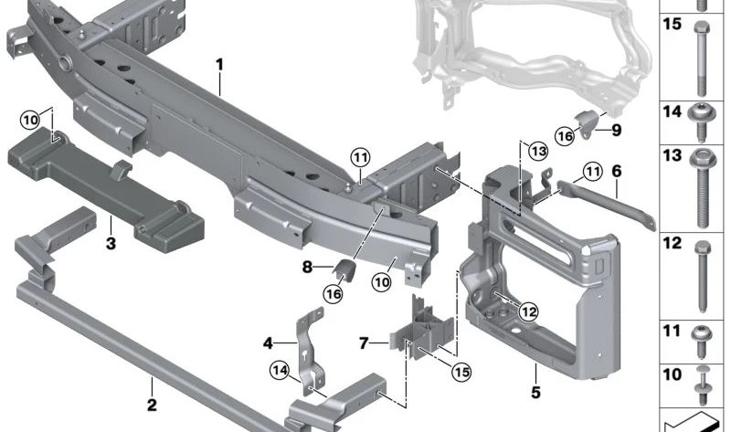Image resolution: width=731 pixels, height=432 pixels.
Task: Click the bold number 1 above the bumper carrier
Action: (219, 64)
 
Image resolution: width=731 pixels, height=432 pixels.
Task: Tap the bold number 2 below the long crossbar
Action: (152, 405)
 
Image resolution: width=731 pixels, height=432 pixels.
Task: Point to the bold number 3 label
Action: (111, 243)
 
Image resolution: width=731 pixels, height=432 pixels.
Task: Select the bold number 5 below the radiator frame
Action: (535, 393)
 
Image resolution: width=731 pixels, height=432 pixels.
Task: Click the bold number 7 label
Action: (364, 343)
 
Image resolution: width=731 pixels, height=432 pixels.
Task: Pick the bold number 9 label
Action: (616, 130)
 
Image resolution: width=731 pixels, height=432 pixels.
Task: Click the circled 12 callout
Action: (528, 311)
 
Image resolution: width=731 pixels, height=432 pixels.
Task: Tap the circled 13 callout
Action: (538, 152)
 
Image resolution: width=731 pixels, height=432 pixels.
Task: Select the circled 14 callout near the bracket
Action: (280, 371)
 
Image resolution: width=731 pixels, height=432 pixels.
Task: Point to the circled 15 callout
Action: (461, 372)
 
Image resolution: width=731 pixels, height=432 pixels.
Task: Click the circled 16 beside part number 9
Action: (565, 136)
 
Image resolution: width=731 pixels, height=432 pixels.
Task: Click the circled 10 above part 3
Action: (30, 121)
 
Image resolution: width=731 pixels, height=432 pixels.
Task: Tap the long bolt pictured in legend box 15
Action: (701, 58)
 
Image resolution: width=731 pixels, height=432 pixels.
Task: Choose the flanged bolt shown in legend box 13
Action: (702, 188)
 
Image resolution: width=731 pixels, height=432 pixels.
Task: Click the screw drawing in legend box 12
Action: (702, 277)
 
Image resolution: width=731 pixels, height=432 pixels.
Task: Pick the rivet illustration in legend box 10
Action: (702, 385)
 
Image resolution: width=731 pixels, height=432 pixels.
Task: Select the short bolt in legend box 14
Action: (702, 122)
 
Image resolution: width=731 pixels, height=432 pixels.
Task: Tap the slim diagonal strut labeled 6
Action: (607, 205)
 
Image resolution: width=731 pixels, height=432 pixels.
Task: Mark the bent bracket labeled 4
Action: (310, 351)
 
